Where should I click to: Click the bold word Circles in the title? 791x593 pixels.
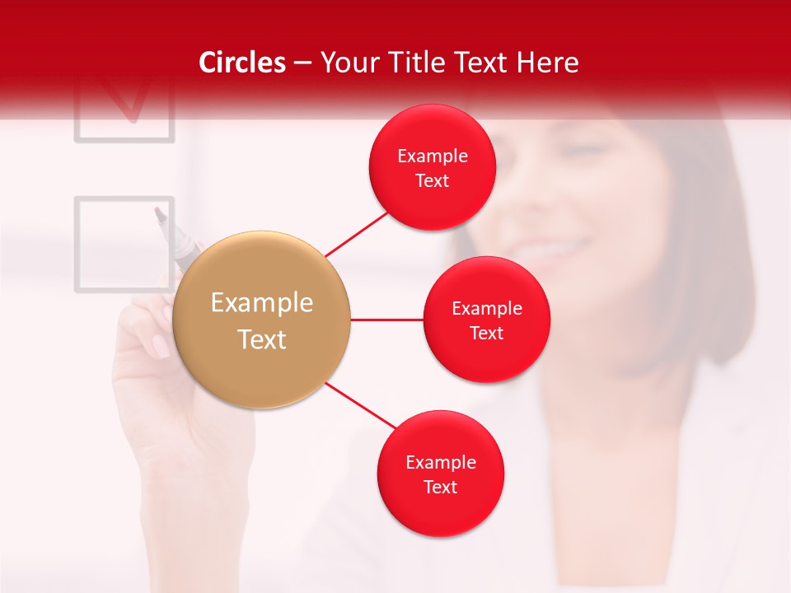(x=241, y=63)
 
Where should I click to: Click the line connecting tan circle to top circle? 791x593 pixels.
(x=358, y=232)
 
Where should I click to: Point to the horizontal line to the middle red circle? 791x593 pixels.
(x=386, y=320)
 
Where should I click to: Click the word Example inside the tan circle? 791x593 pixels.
(x=262, y=303)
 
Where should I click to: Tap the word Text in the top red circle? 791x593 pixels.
(x=433, y=181)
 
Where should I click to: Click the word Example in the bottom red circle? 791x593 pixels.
(x=441, y=463)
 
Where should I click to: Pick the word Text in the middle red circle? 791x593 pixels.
(x=487, y=334)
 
